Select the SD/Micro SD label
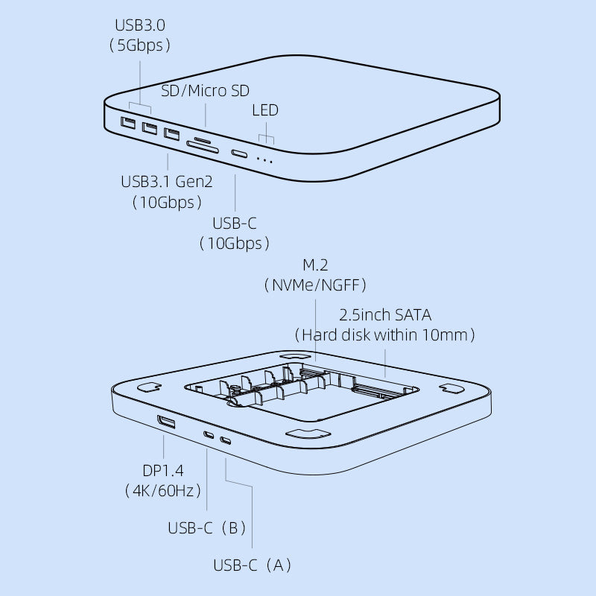(206, 91)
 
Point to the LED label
(265, 110)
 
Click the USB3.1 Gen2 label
(166, 182)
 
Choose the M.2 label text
(314, 265)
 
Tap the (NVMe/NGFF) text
(314, 285)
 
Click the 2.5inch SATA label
(385, 314)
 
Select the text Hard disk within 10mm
(385, 335)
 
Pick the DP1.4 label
(162, 470)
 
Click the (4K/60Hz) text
(162, 490)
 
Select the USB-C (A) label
(253, 565)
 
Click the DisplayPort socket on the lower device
(166, 424)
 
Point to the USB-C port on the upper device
(240, 154)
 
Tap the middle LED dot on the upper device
(264, 159)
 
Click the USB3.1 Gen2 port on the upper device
(172, 135)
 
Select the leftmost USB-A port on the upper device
(128, 122)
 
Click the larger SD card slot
(203, 148)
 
